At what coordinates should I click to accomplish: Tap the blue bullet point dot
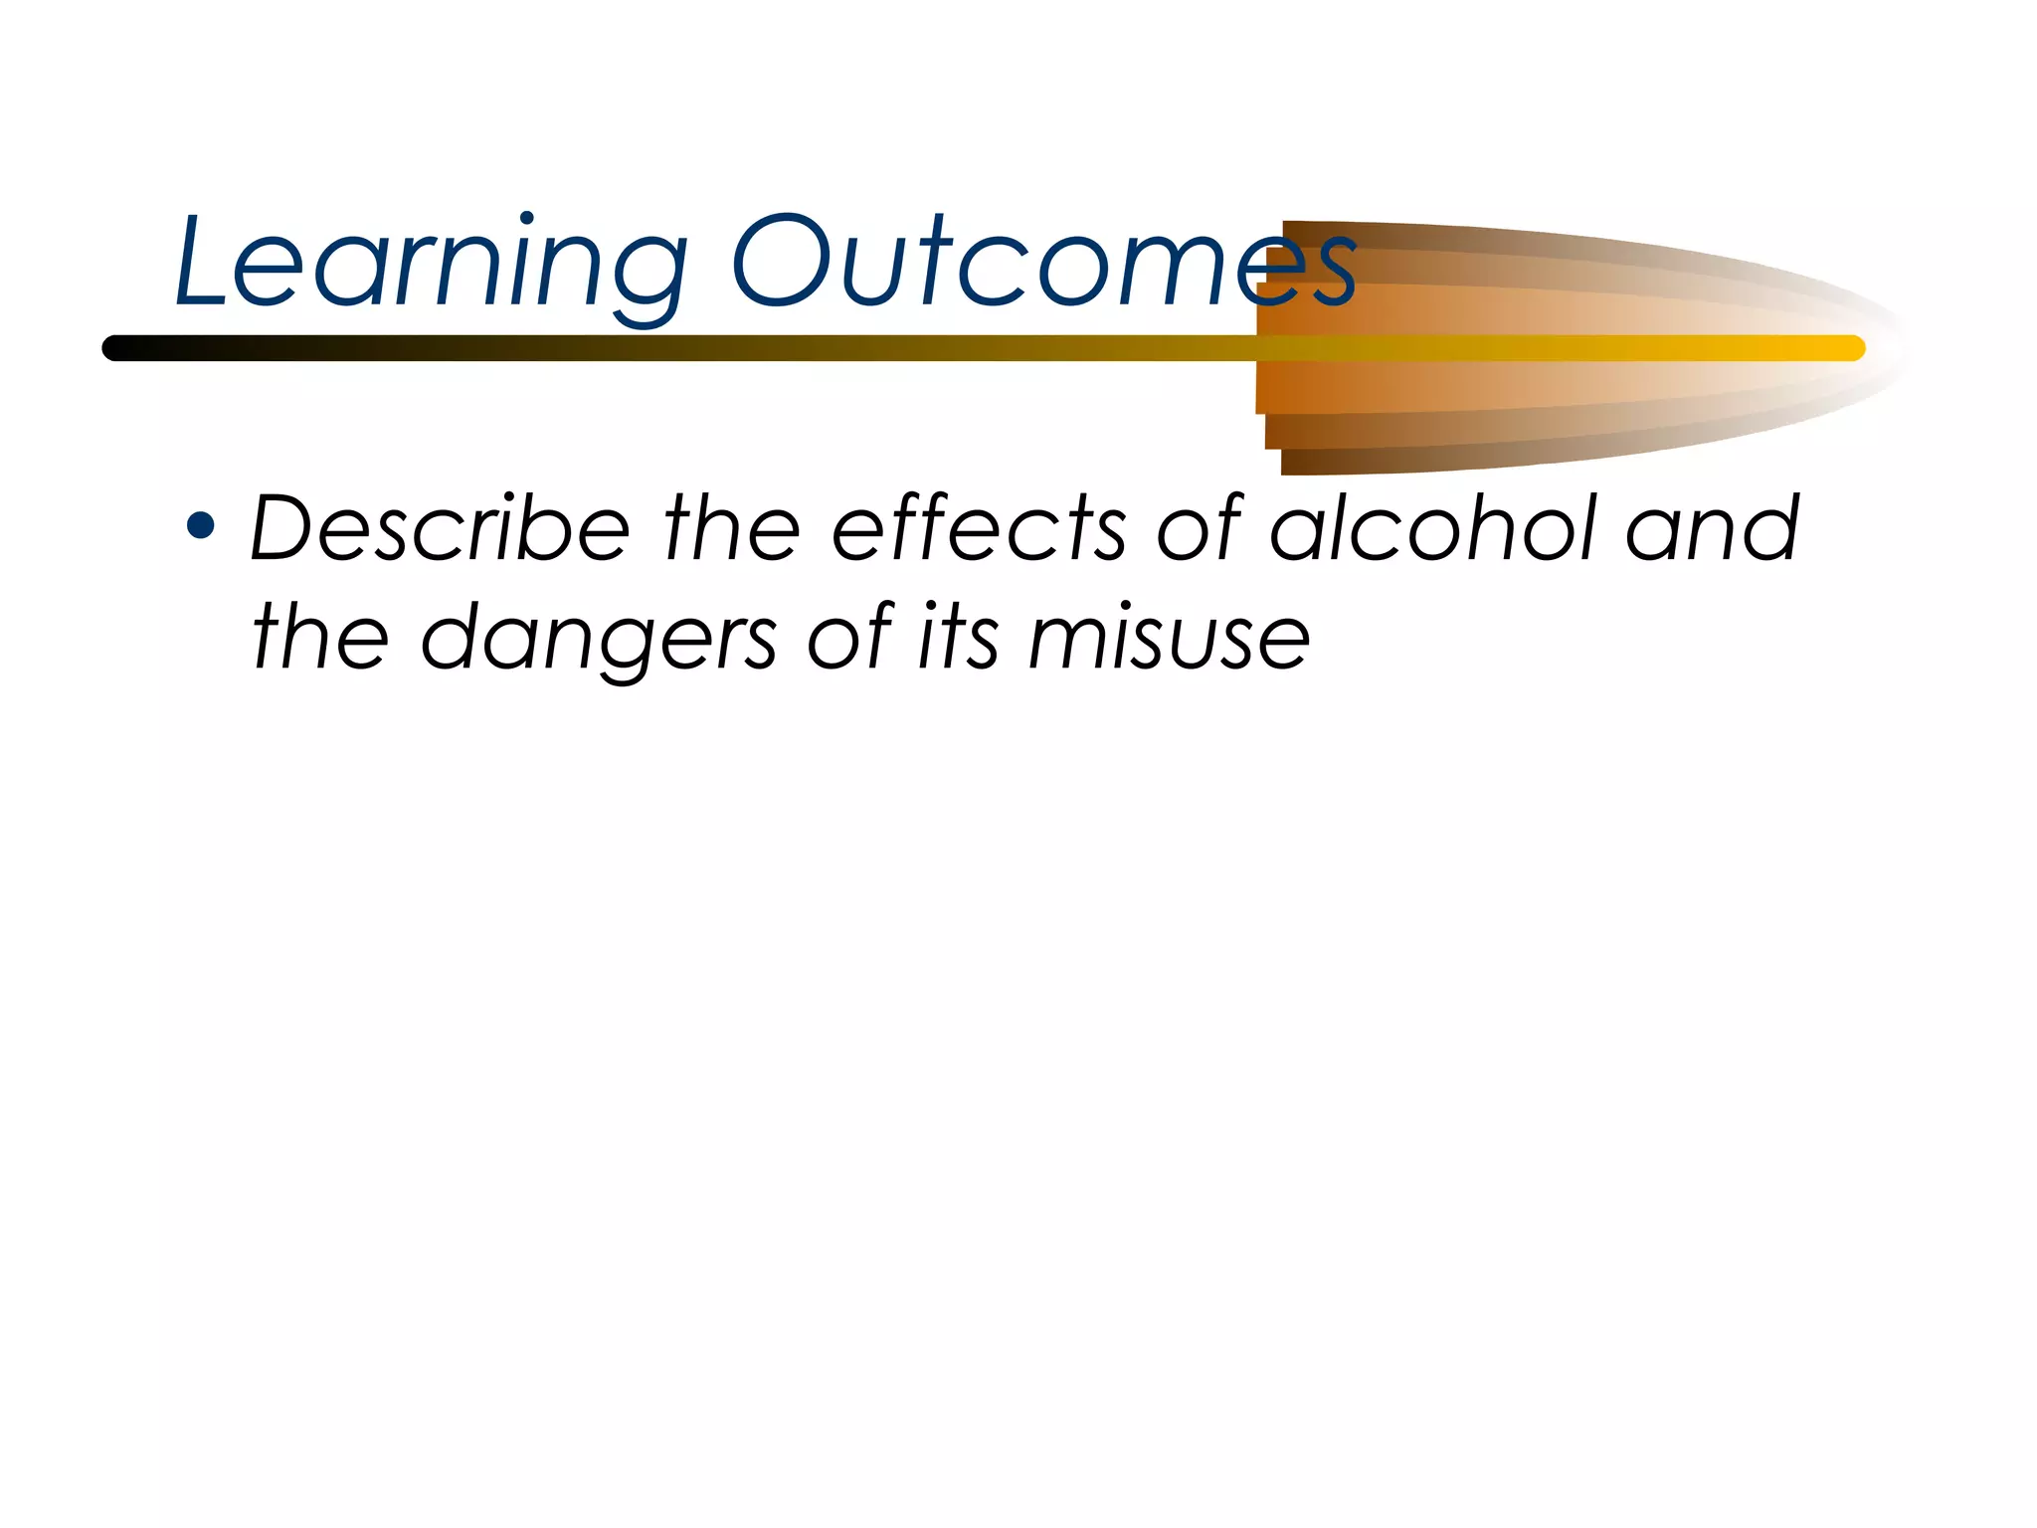click(x=201, y=526)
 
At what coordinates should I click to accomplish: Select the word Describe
click(x=439, y=529)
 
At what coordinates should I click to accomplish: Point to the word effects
click(x=979, y=529)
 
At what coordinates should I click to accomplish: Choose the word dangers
click(x=598, y=639)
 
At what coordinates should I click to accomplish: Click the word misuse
click(x=1169, y=639)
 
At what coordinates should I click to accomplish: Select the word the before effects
click(x=731, y=529)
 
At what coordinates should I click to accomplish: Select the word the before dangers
click(x=320, y=639)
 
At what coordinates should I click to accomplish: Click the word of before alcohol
click(x=1200, y=529)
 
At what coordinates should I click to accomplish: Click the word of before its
click(x=851, y=639)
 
